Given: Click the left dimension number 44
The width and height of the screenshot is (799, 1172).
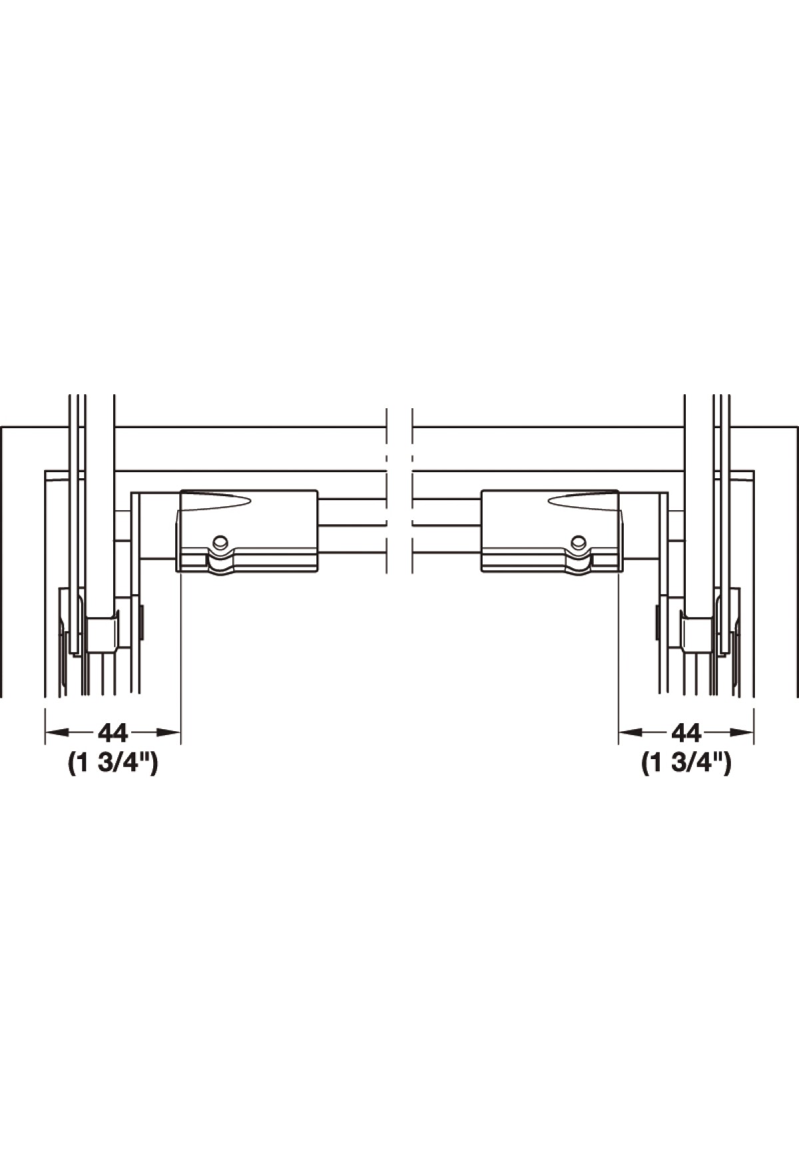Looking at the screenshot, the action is (113, 732).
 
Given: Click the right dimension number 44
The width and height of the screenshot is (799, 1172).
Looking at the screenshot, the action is (686, 732).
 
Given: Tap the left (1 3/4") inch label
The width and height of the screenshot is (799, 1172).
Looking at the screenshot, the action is (113, 763).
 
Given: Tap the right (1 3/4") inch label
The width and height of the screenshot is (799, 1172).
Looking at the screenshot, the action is (686, 763).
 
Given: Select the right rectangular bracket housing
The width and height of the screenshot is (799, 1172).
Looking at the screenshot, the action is (552, 531).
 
